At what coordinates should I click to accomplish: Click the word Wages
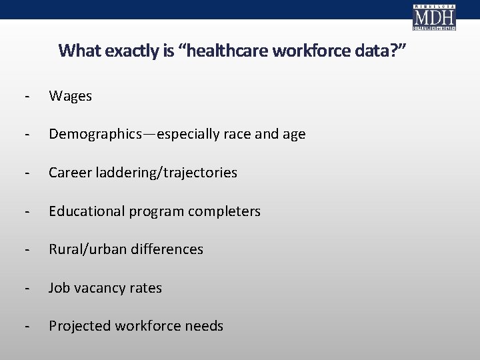[70, 96]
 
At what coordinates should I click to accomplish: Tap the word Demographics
[93, 134]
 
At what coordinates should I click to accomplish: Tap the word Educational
[86, 211]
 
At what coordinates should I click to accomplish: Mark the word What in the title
[76, 51]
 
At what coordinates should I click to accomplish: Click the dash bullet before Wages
[25, 96]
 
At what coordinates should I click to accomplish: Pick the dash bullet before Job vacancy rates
[25, 288]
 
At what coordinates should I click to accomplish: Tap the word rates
[145, 288]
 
